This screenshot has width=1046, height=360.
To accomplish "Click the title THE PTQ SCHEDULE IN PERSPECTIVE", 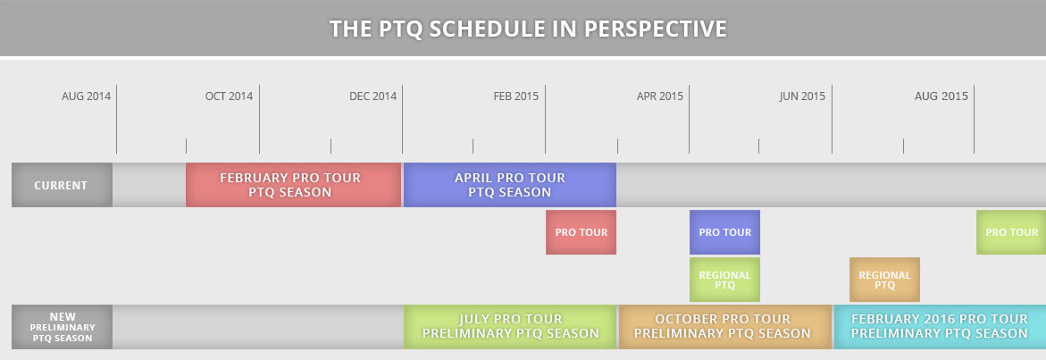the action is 528,29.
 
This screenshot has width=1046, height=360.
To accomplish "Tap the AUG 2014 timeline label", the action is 86,96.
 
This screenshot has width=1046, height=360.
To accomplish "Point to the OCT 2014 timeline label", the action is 229,96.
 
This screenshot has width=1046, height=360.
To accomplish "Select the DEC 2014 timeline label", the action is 372,96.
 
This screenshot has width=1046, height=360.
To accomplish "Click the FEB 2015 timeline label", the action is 515,96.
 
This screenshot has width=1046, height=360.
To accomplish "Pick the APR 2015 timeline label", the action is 660,96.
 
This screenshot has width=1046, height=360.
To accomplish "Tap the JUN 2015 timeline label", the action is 802,96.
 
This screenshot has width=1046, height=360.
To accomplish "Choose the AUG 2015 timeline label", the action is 941,96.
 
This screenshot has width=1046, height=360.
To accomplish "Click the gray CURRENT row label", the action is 62,185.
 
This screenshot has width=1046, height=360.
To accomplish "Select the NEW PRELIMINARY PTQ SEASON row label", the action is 62,327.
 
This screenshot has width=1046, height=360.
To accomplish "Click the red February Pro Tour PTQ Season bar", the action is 294,185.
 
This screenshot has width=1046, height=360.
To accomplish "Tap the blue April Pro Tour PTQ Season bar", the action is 510,185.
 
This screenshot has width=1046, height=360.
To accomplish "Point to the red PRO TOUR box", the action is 581,232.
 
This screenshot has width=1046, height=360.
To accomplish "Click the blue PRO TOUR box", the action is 724,232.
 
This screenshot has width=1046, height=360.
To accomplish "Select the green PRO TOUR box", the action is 1011,232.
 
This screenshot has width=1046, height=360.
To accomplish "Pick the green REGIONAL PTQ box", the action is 724,280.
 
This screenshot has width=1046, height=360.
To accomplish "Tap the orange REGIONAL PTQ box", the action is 884,280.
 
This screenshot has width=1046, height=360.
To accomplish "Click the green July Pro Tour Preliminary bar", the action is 510,327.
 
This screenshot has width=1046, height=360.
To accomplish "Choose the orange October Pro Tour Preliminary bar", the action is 725,327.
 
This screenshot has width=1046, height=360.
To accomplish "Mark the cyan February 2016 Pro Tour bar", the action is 940,327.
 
